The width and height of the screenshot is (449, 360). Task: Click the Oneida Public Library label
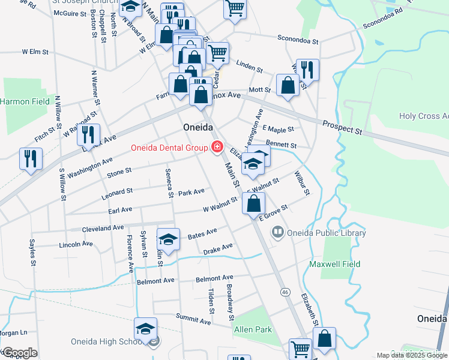coord(327,233)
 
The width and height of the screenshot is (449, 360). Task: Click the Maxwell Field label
coord(335,264)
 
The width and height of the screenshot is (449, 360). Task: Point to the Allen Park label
coord(253,329)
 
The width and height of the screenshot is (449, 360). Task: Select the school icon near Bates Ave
coord(169,239)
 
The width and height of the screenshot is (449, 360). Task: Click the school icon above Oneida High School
coord(145,329)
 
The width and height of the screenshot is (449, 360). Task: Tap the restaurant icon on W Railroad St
coord(88,135)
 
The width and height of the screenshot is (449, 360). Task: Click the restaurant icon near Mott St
coord(307,70)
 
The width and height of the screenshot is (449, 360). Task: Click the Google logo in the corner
coord(19,353)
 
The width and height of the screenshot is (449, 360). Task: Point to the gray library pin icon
coord(277,232)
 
